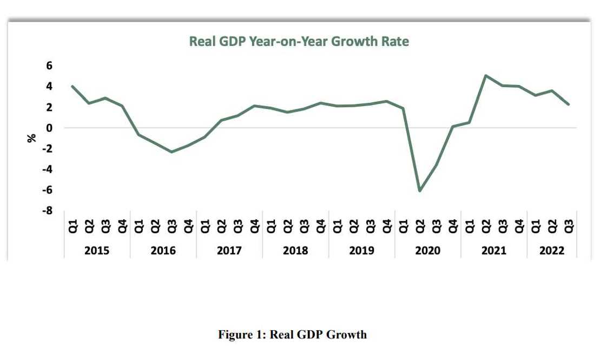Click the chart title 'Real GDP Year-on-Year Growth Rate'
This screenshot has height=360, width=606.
[299, 42]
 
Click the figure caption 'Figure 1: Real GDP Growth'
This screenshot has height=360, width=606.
[292, 335]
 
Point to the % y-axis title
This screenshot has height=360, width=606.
[31, 138]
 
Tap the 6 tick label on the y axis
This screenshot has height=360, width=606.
[49, 66]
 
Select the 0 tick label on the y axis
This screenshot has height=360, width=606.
[49, 128]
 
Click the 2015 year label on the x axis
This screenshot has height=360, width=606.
[97, 251]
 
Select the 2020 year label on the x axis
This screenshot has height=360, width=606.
[427, 251]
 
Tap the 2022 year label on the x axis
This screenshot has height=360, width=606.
[552, 251]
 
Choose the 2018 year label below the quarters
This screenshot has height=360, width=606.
[295, 251]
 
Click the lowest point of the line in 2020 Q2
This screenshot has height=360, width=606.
[419, 191]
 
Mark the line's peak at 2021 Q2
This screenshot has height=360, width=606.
[485, 76]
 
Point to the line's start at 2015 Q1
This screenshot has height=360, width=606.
[73, 86]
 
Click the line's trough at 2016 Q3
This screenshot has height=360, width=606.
[172, 152]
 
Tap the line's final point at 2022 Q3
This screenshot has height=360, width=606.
[569, 104]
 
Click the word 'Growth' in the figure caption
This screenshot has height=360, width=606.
[347, 335]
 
